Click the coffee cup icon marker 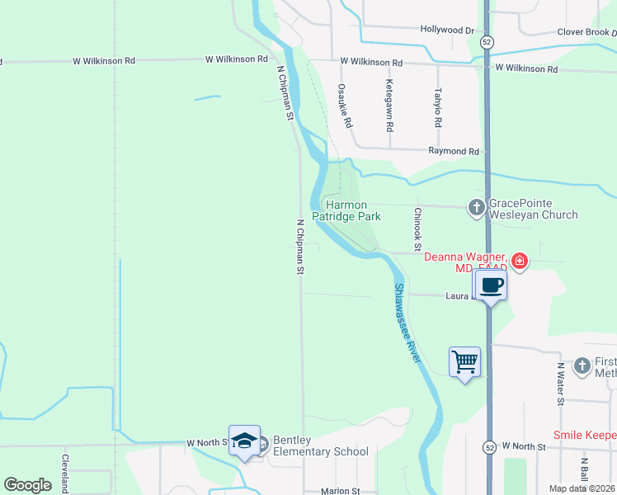pos(491,285)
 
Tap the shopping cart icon pos(464,361)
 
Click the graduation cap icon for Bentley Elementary pos(245,441)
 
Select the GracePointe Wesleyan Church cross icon pos(476,208)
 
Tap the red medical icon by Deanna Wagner pos(519,262)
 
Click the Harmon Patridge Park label pos(352,210)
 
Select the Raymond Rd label pos(454,152)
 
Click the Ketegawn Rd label pos(389,107)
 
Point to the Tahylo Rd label pos(438,107)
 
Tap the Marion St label pos(341,491)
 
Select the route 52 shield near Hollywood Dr pos(487,40)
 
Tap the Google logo pos(28,485)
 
